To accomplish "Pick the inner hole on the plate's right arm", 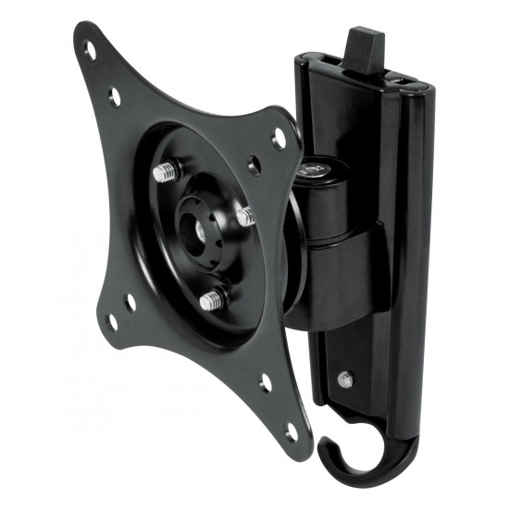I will tap(254, 166).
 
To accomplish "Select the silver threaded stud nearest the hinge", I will tap(245, 217).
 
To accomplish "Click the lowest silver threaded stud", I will tap(212, 300).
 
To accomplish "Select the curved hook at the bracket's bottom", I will tap(347, 449).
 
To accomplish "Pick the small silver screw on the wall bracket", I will tap(344, 379).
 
